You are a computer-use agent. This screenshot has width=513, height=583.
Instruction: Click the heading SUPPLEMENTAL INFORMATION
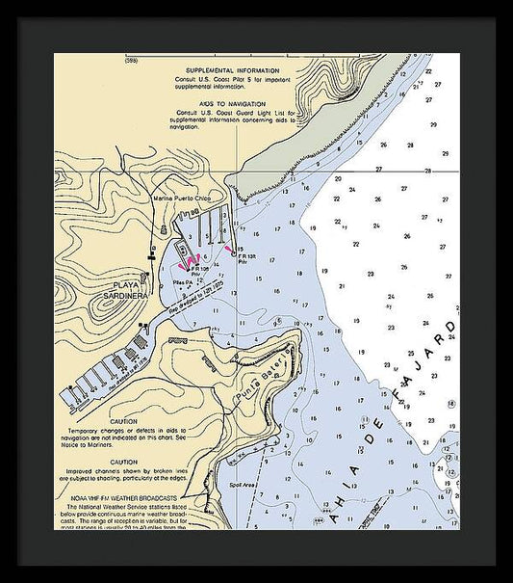(233, 71)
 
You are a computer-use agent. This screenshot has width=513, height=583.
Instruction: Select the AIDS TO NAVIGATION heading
(233, 100)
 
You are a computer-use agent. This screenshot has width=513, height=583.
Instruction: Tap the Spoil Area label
(242, 485)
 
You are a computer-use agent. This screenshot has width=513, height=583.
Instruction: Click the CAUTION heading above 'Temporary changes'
(123, 421)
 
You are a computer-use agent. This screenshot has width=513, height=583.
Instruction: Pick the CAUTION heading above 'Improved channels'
(123, 461)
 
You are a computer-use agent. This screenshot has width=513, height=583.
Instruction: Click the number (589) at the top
(159, 61)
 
